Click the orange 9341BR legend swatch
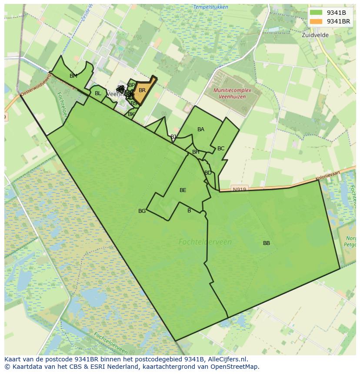(x=316, y=21)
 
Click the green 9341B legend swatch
(x=316, y=12)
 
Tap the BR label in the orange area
(x=142, y=90)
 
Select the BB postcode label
(x=267, y=243)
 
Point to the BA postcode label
(x=201, y=129)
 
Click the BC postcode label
(x=221, y=149)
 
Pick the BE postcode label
(x=183, y=190)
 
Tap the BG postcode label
(x=142, y=211)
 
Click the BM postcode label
(x=73, y=76)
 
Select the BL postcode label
(x=98, y=93)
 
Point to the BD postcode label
(x=208, y=173)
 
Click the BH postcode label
(x=196, y=152)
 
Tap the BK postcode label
(x=131, y=114)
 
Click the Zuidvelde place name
(x=315, y=35)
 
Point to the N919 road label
(x=239, y=189)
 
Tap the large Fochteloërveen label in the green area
(x=205, y=242)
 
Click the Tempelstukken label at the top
(x=198, y=7)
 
